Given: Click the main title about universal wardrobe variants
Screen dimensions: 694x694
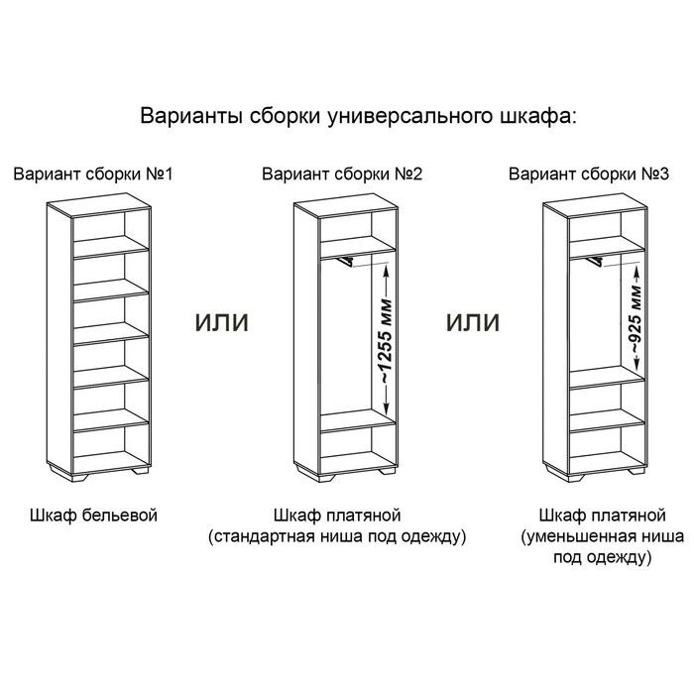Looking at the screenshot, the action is pyautogui.click(x=359, y=116).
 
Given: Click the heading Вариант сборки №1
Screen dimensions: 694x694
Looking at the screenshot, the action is pyautogui.click(x=93, y=173).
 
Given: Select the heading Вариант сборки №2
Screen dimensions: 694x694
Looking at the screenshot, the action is pyautogui.click(x=342, y=173).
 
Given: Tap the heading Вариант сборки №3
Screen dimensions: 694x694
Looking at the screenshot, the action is pyautogui.click(x=589, y=173).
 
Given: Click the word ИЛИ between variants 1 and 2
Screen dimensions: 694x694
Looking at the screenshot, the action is pyautogui.click(x=222, y=322).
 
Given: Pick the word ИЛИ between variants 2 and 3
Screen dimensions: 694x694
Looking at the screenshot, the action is pyautogui.click(x=473, y=322).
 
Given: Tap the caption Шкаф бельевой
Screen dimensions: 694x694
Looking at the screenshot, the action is pyautogui.click(x=94, y=516).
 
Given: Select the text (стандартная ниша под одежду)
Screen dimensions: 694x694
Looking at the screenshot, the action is pyautogui.click(x=337, y=536).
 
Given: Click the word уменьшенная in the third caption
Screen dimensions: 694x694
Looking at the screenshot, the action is pyautogui.click(x=580, y=536).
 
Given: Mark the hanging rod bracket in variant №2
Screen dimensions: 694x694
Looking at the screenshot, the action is pyautogui.click(x=344, y=262).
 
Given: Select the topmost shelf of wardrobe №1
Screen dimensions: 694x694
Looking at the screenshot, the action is pyautogui.click(x=111, y=247).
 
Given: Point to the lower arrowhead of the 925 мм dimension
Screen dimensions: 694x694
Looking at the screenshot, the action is pyautogui.click(x=636, y=365).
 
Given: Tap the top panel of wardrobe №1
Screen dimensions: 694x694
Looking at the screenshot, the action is pyautogui.click(x=99, y=205).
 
